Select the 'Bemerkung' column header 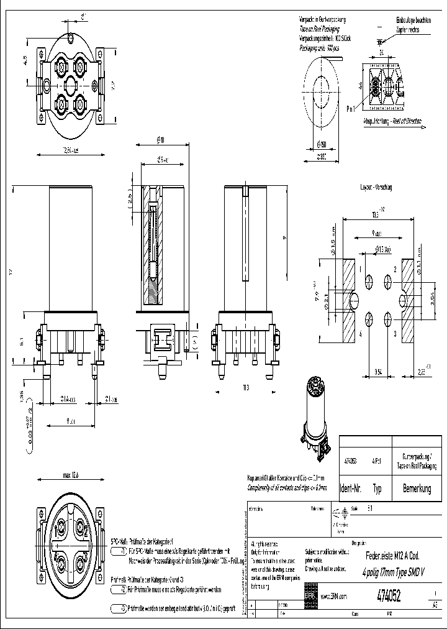pos(417,489)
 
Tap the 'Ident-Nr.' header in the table pos(351,489)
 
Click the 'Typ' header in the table pos(377,489)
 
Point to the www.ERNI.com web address pos(334,596)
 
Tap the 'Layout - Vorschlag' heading pos(376,186)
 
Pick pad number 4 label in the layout pos(360,333)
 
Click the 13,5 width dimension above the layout pos(376,214)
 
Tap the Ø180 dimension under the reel pos(322,145)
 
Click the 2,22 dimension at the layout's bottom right pos(422,372)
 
